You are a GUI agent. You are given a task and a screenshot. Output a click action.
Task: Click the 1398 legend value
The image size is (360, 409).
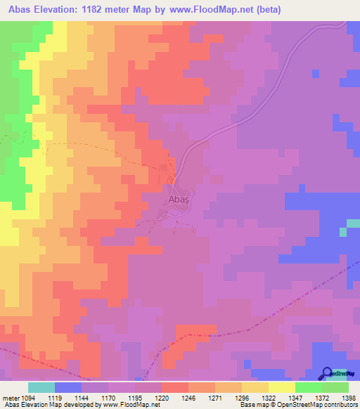pos(349,397)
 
